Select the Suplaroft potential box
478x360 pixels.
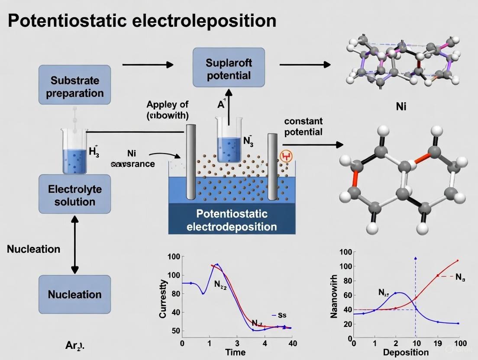coord(229,69)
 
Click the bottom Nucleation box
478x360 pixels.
coord(74,294)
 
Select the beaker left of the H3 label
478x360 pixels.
coord(75,151)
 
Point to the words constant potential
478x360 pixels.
coord(304,126)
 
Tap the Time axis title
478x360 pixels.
coord(237,352)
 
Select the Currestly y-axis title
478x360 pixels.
coord(163,299)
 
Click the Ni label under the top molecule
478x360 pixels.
coord(401,106)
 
